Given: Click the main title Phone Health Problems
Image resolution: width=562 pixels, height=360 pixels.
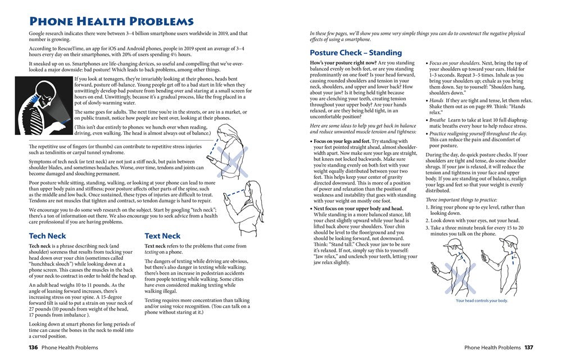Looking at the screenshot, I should coord(111,21).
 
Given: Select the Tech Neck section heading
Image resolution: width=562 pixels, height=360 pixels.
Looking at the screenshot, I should coord(47,236).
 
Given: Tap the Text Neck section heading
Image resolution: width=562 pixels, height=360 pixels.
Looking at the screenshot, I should coord(162,236).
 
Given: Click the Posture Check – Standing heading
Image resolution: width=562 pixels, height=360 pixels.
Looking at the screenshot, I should coord(356,53).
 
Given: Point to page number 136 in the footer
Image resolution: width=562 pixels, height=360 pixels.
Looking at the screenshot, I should coord(33,348).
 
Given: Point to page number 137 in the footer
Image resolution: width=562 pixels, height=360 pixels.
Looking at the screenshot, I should coord(529,348).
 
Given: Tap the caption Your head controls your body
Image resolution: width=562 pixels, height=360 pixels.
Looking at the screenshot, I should coord(482,300).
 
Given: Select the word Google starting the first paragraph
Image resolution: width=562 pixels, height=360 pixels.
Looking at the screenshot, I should coord(39,34).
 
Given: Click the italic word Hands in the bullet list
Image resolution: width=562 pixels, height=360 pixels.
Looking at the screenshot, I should coord(437,101).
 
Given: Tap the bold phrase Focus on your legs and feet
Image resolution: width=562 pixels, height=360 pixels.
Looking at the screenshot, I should coord(342,141).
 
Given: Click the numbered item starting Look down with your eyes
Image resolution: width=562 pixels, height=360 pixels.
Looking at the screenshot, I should coord(472,221).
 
